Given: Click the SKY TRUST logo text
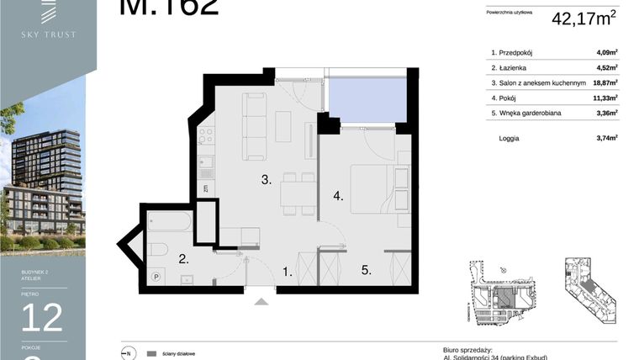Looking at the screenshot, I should click(48, 34).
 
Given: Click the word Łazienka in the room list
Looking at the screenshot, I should click(515, 68).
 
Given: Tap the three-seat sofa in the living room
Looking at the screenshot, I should click(255, 126).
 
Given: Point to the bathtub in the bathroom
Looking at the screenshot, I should click(170, 221).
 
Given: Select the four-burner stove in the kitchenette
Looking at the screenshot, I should click(206, 136).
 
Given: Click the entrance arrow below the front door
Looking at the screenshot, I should click(262, 300).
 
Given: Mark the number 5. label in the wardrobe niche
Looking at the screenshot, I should click(366, 271).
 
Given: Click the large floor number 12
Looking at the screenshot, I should click(42, 317).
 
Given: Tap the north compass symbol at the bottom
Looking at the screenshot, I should click(129, 353).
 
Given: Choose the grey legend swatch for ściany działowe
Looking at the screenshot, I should click(152, 354).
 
